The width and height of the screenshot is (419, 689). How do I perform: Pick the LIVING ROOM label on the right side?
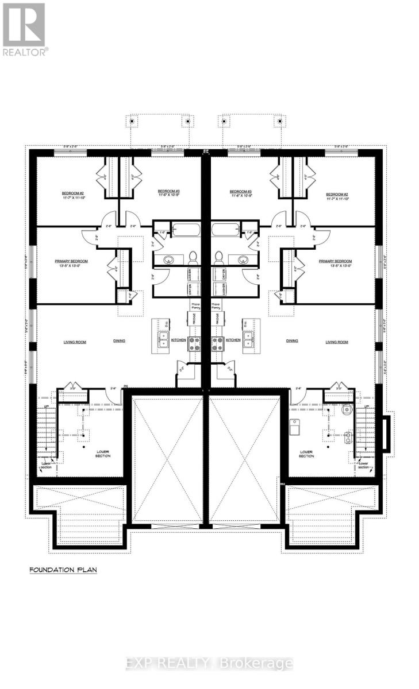pyautogui.click(x=337, y=342)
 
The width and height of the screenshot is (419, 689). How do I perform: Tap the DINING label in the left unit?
pyautogui.click(x=119, y=341)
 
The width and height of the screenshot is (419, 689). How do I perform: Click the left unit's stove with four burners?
pyautogui.click(x=194, y=343)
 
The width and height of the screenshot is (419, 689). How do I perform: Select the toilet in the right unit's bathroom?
pyautogui.click(x=219, y=257)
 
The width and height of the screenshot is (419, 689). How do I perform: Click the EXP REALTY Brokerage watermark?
pyautogui.click(x=209, y=663)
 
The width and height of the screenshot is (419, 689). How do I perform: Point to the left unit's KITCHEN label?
pyautogui.click(x=178, y=340)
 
